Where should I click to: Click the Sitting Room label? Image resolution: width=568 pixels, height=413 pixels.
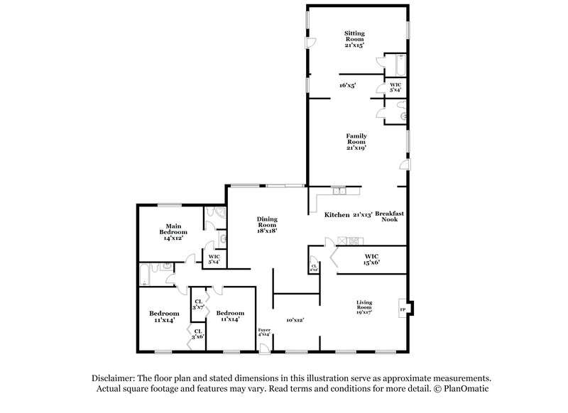point(354,38)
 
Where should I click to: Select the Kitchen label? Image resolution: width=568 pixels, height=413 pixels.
point(337,214)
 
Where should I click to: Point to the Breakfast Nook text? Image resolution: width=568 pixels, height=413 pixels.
point(390,216)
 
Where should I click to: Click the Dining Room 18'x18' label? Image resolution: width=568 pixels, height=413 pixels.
point(267,224)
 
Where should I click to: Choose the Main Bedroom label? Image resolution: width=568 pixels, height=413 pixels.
point(173,233)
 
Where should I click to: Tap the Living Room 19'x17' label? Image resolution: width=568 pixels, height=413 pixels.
point(364,307)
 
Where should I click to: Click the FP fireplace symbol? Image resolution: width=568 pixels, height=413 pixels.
point(403,310)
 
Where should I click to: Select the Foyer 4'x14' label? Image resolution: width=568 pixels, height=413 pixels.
point(264,333)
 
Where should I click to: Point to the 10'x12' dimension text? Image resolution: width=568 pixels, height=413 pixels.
point(295,320)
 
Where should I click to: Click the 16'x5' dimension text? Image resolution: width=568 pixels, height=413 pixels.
point(347,85)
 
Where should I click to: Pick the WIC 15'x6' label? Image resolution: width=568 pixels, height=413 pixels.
point(372,258)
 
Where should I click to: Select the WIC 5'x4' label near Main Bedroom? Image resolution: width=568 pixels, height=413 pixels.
point(214,260)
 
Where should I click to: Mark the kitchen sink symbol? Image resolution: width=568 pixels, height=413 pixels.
point(339,190)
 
